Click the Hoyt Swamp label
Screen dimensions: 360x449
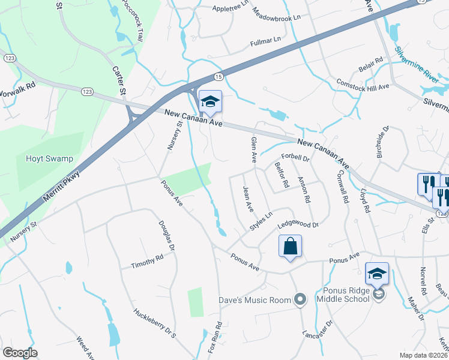click(x=49, y=159)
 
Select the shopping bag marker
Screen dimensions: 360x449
click(x=290, y=247)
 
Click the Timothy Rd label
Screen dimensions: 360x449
click(x=148, y=262)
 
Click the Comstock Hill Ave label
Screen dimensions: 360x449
click(x=363, y=84)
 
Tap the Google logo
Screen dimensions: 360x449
click(x=20, y=353)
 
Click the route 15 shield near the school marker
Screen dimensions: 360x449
click(x=218, y=77)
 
